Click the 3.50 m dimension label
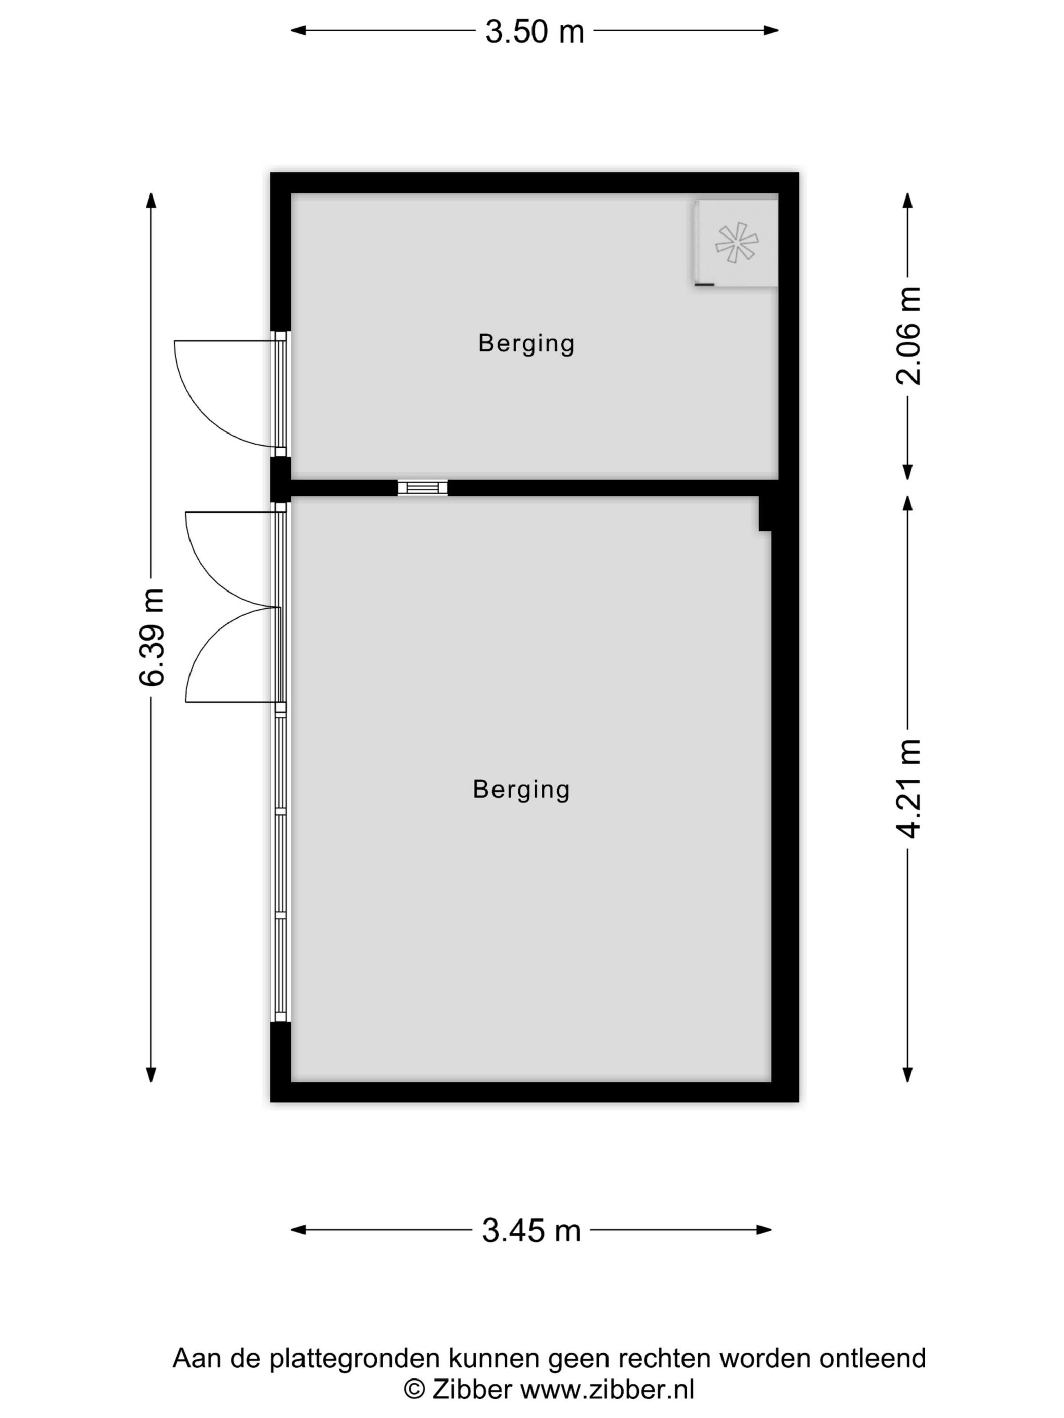point(534,31)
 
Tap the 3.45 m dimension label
point(531,1230)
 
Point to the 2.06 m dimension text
point(908,335)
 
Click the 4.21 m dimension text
point(908,789)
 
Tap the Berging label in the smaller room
point(526,343)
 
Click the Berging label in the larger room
point(521,790)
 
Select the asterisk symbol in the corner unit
point(737,242)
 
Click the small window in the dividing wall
point(423,488)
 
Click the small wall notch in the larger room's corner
point(765,514)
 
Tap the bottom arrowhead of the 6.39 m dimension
point(151,1075)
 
